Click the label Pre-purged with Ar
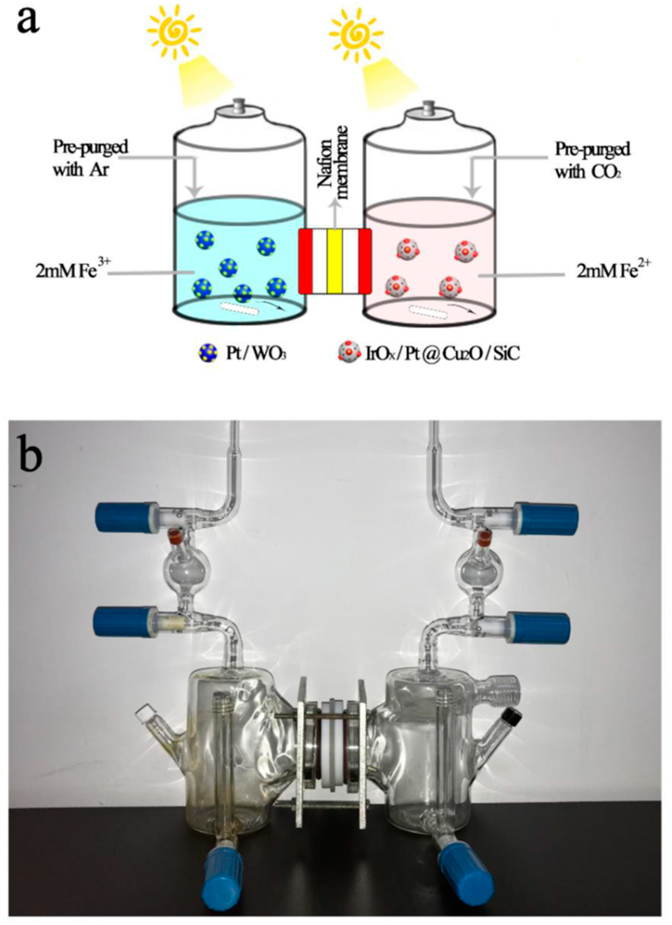(x=90, y=159)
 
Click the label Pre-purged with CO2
(x=592, y=161)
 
